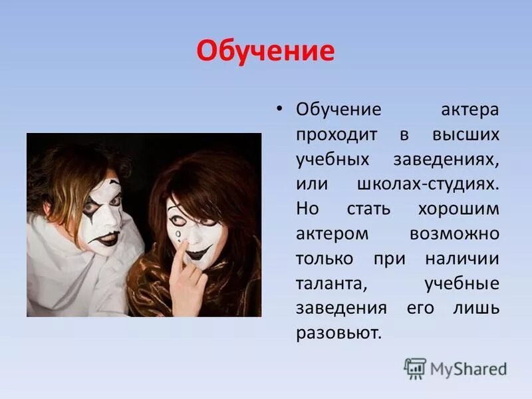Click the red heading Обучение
[x=265, y=51]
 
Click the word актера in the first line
[x=469, y=110]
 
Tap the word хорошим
[x=458, y=209]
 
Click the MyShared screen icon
[x=415, y=368]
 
